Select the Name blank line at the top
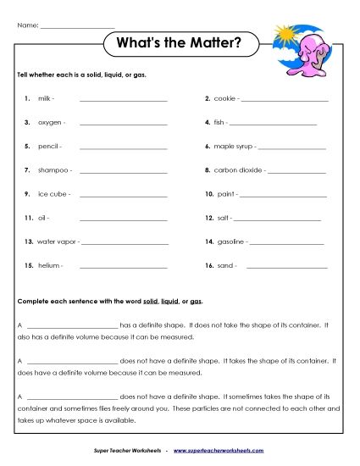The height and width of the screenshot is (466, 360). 77,25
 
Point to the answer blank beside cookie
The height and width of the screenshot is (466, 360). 285,101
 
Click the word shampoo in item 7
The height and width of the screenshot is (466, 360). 53,170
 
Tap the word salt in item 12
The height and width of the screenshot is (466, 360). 223,218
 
